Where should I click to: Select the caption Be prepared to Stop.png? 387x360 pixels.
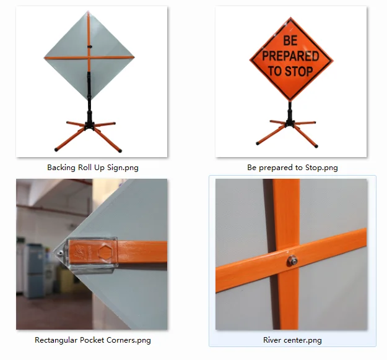tap(292, 167)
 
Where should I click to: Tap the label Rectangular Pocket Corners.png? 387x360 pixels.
tap(92, 340)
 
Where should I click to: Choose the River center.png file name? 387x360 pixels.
tap(292, 340)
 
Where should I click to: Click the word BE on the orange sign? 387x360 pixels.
tap(291, 41)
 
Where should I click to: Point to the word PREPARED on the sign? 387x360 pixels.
tap(291, 56)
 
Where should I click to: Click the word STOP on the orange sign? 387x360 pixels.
tap(299, 71)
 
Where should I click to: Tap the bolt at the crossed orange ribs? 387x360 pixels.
tap(290, 262)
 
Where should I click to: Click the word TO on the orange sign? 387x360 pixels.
tap(274, 71)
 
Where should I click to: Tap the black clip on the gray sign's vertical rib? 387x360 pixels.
tap(90, 46)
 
